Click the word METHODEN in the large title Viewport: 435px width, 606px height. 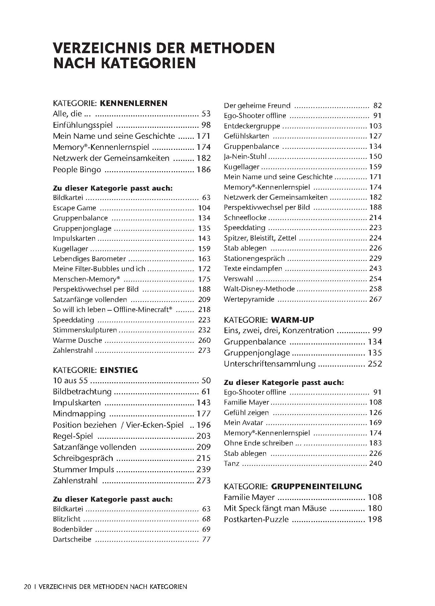(x=232, y=48)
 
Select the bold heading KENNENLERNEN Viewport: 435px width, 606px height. (x=134, y=103)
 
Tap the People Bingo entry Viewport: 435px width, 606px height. (x=77, y=170)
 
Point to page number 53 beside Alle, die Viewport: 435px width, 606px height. (x=206, y=114)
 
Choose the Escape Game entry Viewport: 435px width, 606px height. (x=74, y=208)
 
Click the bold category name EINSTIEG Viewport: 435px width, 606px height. (x=119, y=370)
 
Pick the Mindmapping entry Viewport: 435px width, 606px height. (x=79, y=414)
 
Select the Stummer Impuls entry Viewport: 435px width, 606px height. (x=83, y=469)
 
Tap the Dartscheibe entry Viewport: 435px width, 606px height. (x=72, y=539)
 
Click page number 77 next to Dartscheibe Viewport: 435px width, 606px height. (x=206, y=539)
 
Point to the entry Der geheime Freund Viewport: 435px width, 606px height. (x=257, y=106)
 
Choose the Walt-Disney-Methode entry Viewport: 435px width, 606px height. (x=259, y=289)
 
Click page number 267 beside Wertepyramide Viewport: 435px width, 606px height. (x=375, y=299)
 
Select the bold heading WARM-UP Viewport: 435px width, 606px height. (x=292, y=320)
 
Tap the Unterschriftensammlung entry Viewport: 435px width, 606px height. (x=270, y=364)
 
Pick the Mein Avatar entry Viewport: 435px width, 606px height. (x=243, y=423)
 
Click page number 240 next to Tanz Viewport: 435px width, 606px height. (x=375, y=464)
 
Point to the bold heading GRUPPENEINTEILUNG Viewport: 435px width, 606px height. (x=317, y=486)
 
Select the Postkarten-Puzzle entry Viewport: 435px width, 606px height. (x=256, y=519)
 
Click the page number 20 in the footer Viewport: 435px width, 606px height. (x=27, y=587)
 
